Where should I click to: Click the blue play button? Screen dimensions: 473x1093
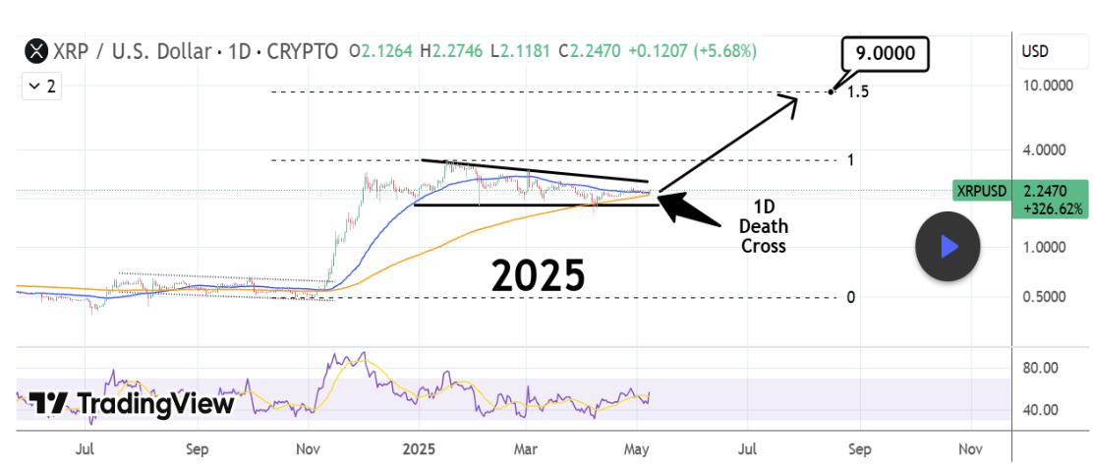[948, 246]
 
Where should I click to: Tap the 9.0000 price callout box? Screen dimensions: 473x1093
[885, 54]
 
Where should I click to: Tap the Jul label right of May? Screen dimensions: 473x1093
[748, 450]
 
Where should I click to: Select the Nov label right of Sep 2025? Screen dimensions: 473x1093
[970, 450]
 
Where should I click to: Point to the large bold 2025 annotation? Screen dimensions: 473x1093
[539, 275]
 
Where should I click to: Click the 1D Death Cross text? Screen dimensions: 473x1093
[765, 226]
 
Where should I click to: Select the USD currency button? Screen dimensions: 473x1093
[1033, 50]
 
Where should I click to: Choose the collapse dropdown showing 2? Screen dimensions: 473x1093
[41, 87]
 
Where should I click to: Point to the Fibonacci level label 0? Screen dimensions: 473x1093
[851, 298]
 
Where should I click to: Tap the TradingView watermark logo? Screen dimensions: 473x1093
[131, 403]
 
